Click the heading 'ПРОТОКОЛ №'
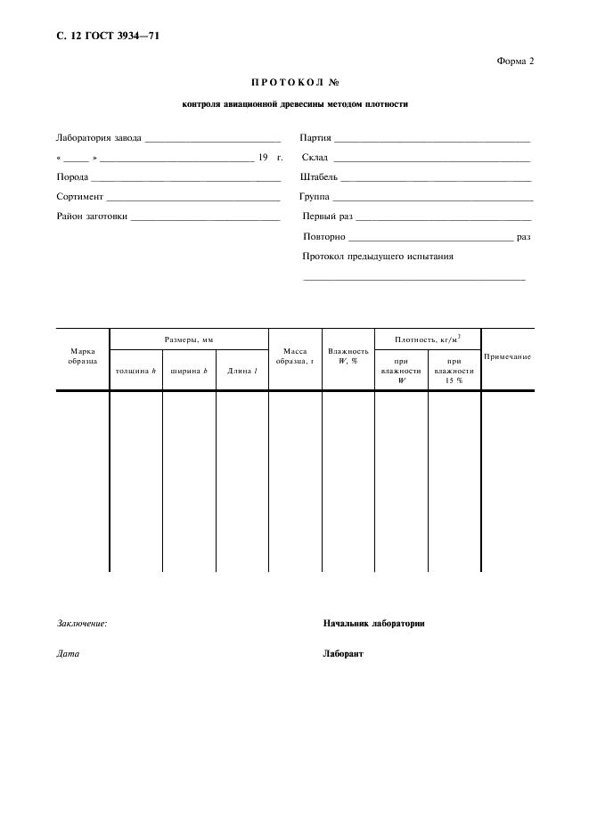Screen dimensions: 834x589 295,82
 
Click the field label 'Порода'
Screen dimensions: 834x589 71,176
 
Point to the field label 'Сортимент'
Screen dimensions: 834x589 80,196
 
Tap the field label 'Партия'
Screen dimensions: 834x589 316,138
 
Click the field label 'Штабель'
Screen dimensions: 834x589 319,176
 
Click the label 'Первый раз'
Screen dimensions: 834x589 327,216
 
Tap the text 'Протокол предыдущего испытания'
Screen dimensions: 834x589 378,257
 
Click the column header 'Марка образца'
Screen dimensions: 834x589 83,356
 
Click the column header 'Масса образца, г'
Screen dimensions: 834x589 295,356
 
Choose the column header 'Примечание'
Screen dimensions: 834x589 507,356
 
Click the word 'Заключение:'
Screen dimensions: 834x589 82,624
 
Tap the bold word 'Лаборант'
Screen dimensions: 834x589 343,653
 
